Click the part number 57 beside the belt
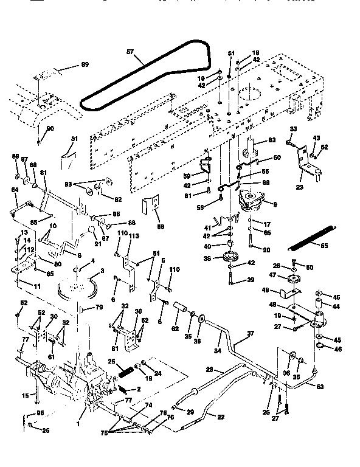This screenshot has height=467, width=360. [129, 54]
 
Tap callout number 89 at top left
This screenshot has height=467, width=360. [85, 64]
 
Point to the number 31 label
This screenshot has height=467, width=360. [74, 139]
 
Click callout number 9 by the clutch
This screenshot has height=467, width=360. [275, 204]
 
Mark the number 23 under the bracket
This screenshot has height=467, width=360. [299, 187]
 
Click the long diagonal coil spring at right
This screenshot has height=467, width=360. [310, 238]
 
